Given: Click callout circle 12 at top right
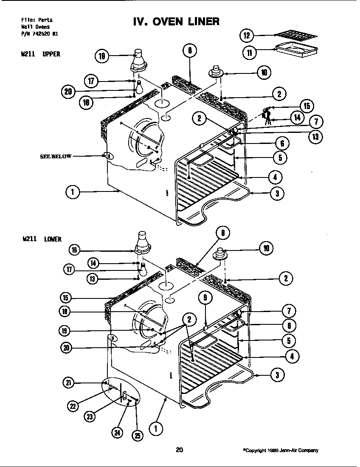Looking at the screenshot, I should [247, 35].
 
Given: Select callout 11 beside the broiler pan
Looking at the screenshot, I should [250, 53].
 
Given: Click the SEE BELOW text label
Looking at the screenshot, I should [56, 156].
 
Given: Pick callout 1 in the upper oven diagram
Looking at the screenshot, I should [73, 192].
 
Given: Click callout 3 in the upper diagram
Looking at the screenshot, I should [277, 194].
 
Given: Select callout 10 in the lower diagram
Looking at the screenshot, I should [266, 248].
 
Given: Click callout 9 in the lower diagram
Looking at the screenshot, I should [205, 298].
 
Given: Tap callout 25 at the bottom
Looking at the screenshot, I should [137, 435].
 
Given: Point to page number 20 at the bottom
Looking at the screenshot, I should [179, 450].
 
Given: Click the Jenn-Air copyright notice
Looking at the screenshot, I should [280, 450].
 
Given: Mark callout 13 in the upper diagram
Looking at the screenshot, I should [315, 137].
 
